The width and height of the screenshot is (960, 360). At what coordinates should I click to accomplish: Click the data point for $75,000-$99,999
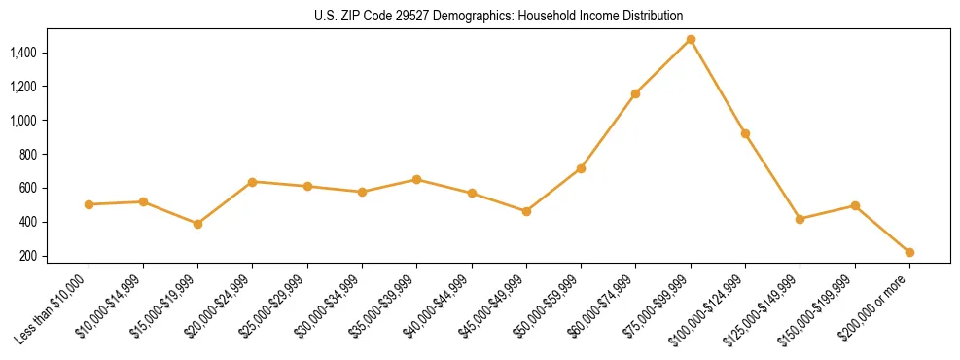[691, 40]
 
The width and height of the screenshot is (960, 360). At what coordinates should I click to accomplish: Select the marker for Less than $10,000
[89, 204]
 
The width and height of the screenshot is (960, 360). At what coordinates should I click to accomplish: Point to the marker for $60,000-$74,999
[636, 93]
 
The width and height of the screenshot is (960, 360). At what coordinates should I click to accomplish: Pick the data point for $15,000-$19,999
[198, 224]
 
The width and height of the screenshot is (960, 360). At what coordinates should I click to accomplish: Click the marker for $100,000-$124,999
[745, 133]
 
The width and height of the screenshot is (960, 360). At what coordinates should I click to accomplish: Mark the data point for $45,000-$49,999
[526, 211]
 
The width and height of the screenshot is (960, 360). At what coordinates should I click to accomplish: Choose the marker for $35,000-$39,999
[417, 179]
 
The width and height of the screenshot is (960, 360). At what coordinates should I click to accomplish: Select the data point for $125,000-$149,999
[800, 219]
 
